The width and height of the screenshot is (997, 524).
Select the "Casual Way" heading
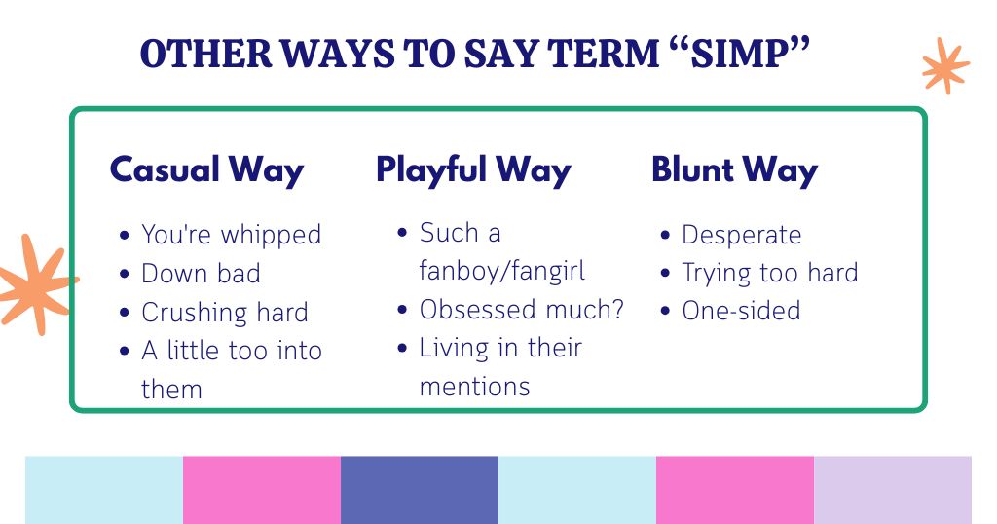(x=206, y=169)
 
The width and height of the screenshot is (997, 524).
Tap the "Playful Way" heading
(x=473, y=169)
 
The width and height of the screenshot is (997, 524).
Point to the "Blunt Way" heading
(x=734, y=169)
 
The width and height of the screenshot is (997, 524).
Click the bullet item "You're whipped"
(x=231, y=235)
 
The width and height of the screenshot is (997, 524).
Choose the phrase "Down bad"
(x=201, y=274)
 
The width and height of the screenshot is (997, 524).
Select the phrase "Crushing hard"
(x=225, y=313)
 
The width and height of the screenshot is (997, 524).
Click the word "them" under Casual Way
(x=171, y=390)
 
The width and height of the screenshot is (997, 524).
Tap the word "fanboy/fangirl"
(x=502, y=270)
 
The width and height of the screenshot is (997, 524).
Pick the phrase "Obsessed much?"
(x=522, y=310)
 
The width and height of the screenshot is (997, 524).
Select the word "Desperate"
(x=741, y=235)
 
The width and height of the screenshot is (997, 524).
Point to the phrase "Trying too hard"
(x=769, y=273)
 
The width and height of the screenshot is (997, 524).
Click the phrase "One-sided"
(x=741, y=311)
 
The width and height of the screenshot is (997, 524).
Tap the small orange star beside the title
(x=944, y=66)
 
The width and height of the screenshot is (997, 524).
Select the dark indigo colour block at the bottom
(x=420, y=490)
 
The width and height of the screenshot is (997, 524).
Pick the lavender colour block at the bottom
(x=892, y=490)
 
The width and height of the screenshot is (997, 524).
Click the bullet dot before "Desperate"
(x=665, y=236)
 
